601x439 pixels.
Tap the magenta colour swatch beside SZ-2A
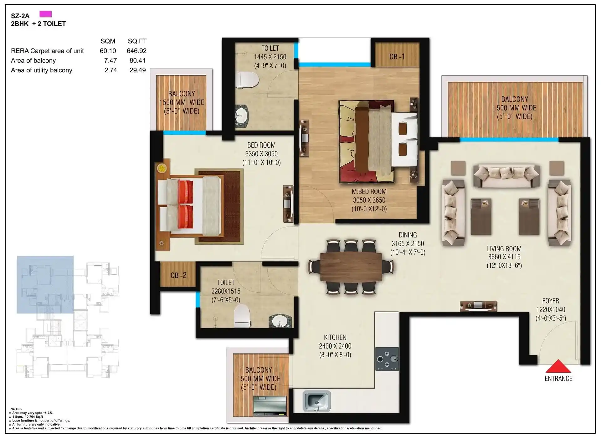(46, 14)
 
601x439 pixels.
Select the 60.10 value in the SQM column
(108, 51)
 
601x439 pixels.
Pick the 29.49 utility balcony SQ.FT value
(138, 70)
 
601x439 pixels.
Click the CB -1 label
(397, 57)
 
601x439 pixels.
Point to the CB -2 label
(178, 275)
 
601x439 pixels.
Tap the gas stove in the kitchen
(387, 359)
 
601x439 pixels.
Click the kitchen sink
(316, 401)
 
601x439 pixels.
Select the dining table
(351, 267)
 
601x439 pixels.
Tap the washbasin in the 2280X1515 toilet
(279, 321)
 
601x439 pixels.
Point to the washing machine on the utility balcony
(270, 406)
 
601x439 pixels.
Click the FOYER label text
(551, 301)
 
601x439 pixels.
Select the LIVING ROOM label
(504, 249)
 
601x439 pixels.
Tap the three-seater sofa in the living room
(506, 176)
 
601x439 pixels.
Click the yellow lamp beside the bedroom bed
(162, 168)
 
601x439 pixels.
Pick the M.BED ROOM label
(369, 191)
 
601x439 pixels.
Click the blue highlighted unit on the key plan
(45, 284)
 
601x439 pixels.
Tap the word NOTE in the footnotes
(16, 409)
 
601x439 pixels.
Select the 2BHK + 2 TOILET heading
(38, 24)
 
